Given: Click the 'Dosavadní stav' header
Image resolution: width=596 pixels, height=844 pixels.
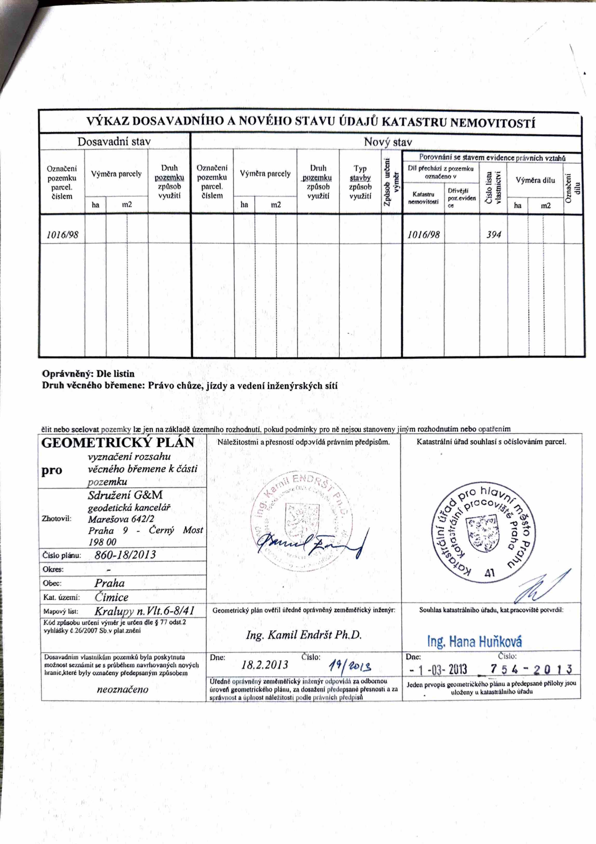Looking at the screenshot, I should tap(114, 142).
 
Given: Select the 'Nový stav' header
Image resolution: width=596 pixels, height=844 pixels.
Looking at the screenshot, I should tap(387, 142).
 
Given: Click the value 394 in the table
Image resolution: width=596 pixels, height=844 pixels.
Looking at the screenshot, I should tap(494, 235).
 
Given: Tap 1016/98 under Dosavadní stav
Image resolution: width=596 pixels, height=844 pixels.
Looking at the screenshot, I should tap(62, 235).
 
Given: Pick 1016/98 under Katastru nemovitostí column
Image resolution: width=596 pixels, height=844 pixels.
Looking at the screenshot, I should tap(423, 235).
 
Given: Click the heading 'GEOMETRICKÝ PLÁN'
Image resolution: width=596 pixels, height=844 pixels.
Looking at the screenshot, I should tap(118, 443).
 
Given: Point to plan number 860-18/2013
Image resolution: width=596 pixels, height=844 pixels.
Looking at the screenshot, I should tap(125, 555).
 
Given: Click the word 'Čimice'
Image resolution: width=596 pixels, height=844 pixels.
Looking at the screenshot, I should tap(112, 597).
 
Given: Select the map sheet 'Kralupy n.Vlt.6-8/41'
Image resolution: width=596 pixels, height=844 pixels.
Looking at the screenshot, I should tap(144, 611).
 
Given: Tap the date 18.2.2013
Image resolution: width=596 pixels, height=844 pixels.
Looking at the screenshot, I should tap(265, 665).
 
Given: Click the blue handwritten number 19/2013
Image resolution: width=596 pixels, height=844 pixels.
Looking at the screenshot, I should tap(350, 666).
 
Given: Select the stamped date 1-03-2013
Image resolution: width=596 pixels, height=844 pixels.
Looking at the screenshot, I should tap(438, 669).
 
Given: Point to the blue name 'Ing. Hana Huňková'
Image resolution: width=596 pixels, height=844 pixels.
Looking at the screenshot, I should tap(474, 642).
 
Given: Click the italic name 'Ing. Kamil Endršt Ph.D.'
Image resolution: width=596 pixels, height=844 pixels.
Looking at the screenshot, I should tap(303, 635).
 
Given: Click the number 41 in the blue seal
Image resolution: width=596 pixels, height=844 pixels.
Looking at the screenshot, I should tap(490, 573).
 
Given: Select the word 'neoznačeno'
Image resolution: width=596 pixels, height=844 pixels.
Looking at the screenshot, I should tap(123, 690).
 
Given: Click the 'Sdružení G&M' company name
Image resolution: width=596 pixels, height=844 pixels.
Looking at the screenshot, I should tap(125, 495).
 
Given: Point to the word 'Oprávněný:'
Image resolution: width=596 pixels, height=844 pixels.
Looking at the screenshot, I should tap(67, 374).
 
